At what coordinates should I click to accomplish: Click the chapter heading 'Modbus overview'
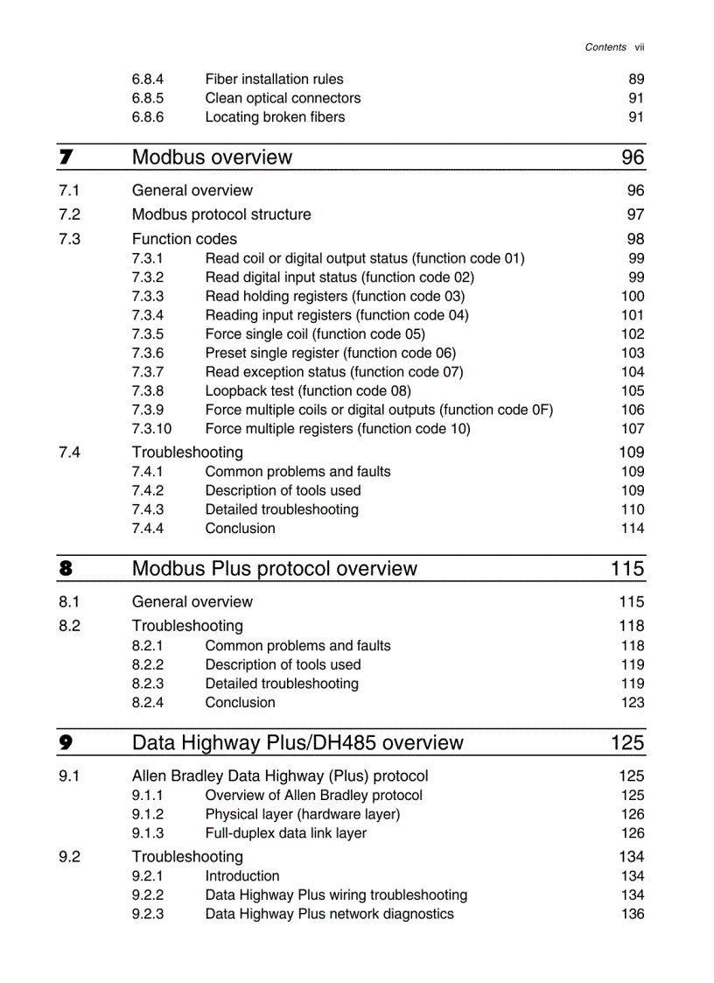click(x=212, y=158)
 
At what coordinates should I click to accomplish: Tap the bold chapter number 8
click(x=66, y=569)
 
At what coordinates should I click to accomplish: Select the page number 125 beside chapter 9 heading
click(x=627, y=743)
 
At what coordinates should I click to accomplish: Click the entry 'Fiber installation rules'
click(x=274, y=79)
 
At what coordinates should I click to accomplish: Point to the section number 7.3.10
click(x=151, y=429)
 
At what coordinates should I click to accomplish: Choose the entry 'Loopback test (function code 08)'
click(x=307, y=391)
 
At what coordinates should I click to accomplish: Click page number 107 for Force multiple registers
click(x=632, y=429)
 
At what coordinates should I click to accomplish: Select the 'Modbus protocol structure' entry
click(x=220, y=214)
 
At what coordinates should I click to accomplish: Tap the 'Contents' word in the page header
click(x=605, y=47)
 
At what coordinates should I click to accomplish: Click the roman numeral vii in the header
click(x=640, y=47)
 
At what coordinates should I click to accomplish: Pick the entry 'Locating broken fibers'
click(x=275, y=117)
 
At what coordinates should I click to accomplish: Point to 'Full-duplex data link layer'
click(x=285, y=833)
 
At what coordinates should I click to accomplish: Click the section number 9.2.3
click(x=147, y=914)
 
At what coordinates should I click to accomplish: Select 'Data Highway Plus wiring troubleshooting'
click(x=336, y=895)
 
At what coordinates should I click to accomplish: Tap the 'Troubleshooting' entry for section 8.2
click(x=187, y=626)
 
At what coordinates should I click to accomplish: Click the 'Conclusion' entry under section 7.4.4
click(x=240, y=529)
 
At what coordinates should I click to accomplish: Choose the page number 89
click(x=636, y=79)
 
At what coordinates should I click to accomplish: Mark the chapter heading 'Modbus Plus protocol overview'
click(x=274, y=569)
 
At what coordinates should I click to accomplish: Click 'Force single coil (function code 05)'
click(x=314, y=334)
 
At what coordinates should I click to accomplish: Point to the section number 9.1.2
click(x=147, y=814)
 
